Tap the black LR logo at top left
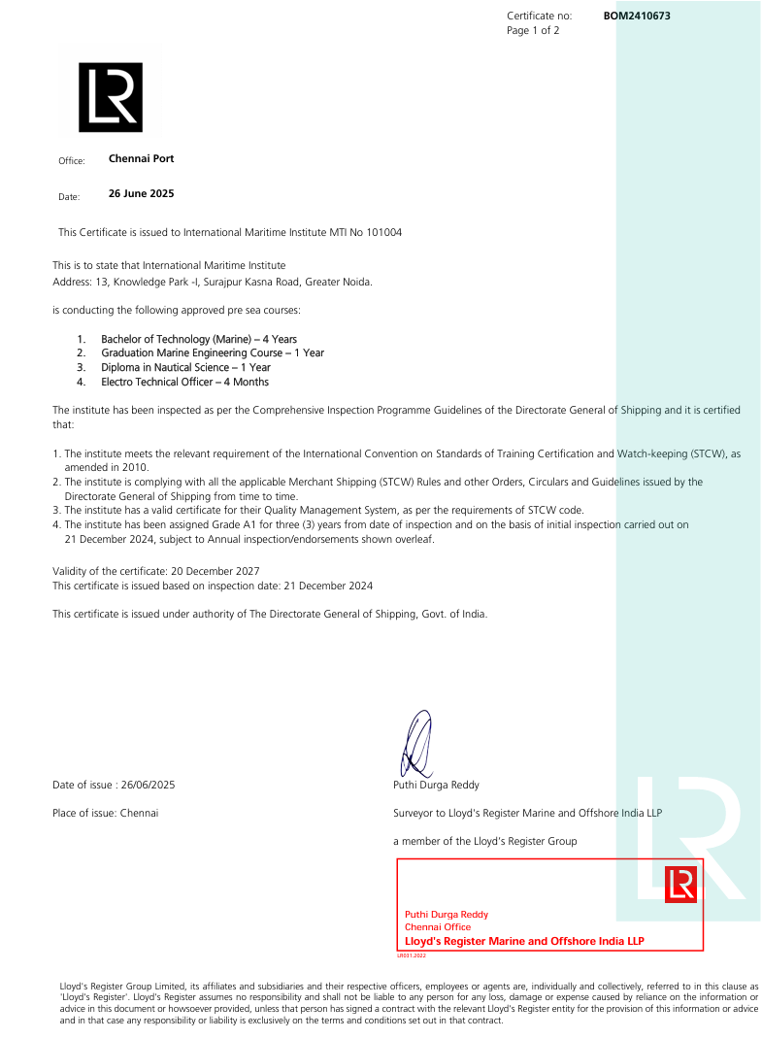point(110,97)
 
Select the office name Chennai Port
point(141,158)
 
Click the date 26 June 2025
point(141,194)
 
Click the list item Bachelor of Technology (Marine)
point(199,339)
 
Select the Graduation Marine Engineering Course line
point(213,353)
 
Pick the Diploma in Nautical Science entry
point(185,368)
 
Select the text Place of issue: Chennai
point(105,813)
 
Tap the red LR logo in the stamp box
point(680,885)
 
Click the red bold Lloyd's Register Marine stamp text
point(524,942)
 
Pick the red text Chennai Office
point(437,927)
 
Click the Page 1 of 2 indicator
point(533,31)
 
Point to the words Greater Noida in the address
point(338,282)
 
